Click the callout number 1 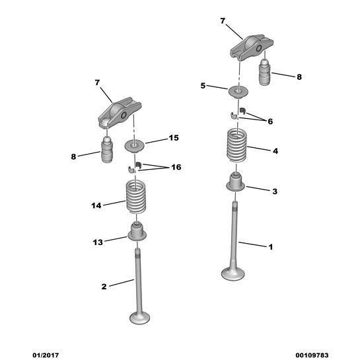pyautogui.click(x=270, y=247)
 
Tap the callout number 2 pyautogui.click(x=104, y=287)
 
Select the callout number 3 pyautogui.click(x=275, y=191)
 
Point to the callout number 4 pyautogui.click(x=275, y=151)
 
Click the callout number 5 pyautogui.click(x=204, y=86)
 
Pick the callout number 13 pyautogui.click(x=98, y=242)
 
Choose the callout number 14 pyautogui.click(x=96, y=206)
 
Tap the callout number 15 pyautogui.click(x=174, y=138)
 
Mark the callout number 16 pyautogui.click(x=176, y=167)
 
